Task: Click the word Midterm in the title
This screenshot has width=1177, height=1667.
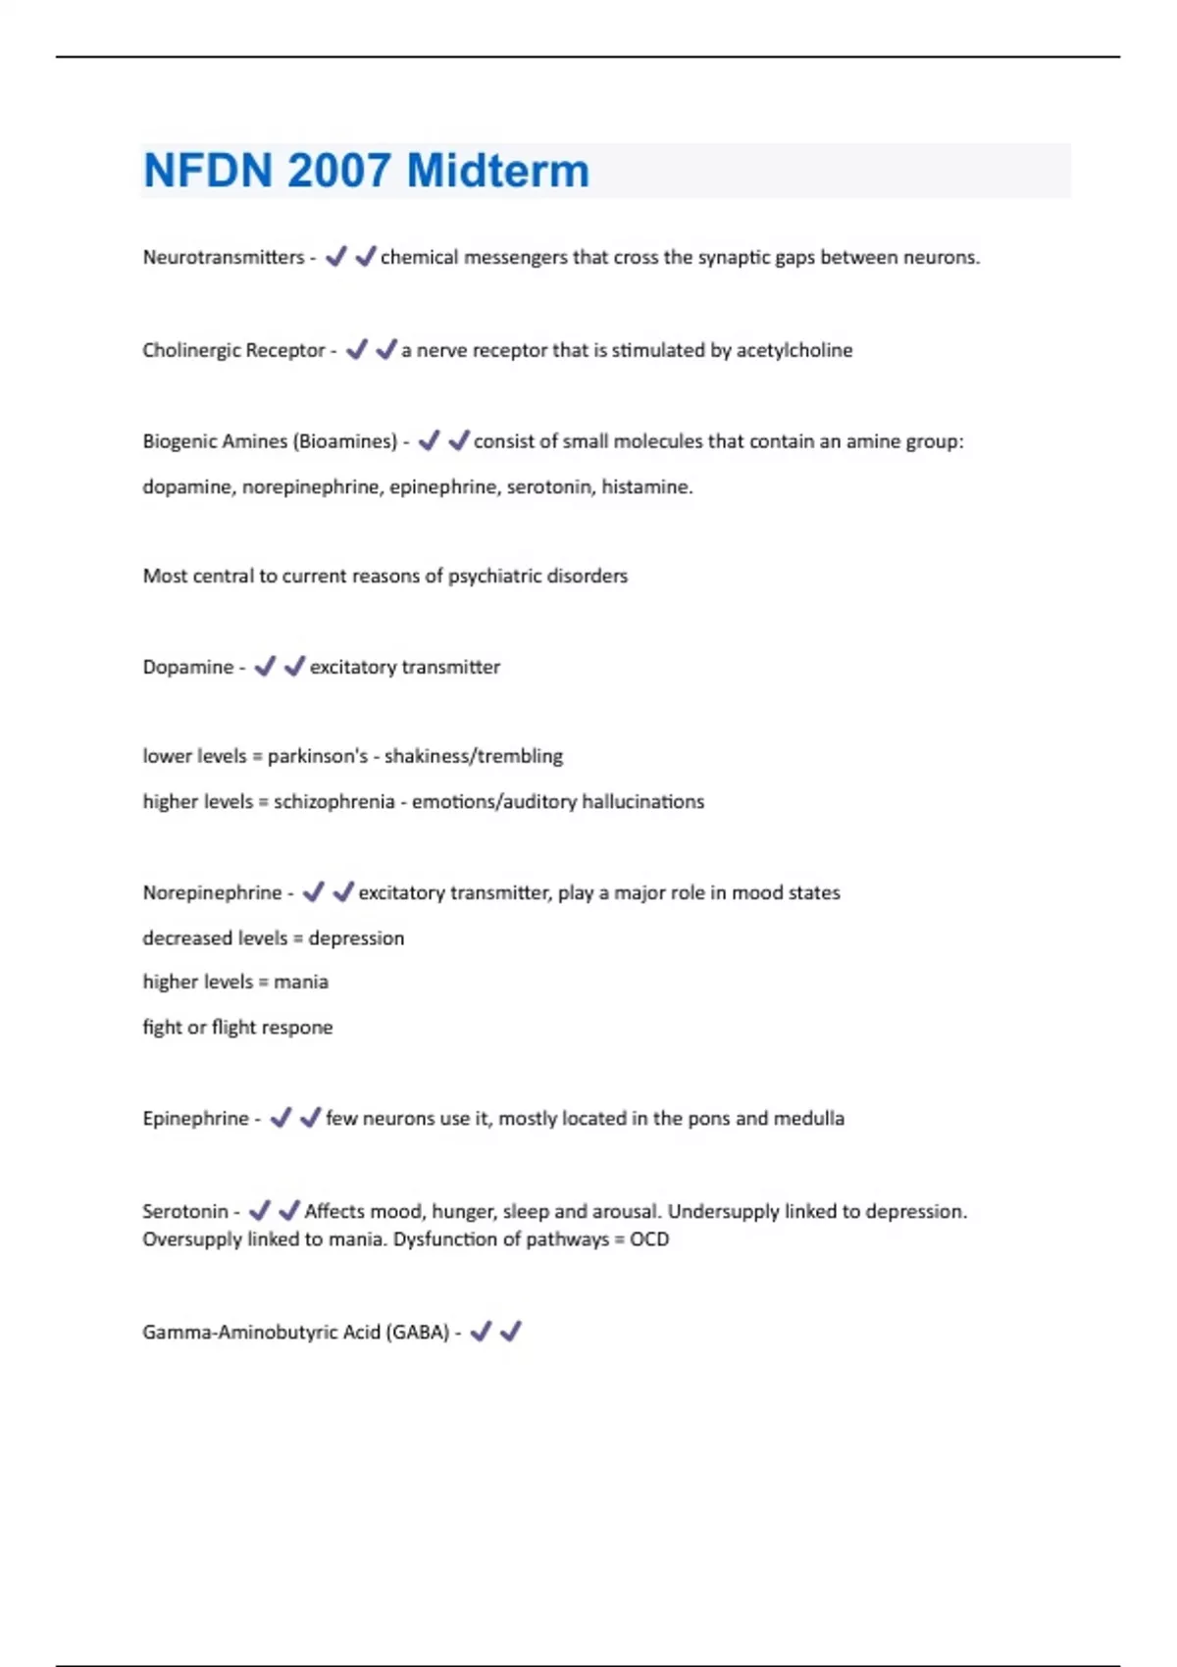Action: coord(497,171)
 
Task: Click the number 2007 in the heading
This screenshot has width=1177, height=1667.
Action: coord(338,171)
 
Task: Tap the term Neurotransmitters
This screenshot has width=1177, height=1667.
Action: coord(224,257)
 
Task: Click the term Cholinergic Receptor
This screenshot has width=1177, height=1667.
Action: coord(233,350)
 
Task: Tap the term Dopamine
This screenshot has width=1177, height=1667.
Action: coord(187,667)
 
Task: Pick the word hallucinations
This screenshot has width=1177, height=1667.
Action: coord(642,801)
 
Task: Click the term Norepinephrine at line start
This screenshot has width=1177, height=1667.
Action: coord(212,892)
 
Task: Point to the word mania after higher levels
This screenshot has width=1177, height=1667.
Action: coord(301,982)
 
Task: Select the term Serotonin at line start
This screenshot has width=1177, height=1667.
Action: coord(184,1211)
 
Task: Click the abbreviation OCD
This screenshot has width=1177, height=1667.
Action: coord(649,1238)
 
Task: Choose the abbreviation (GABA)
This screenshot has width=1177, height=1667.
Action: coord(417,1332)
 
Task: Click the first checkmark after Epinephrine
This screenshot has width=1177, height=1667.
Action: coord(281,1117)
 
